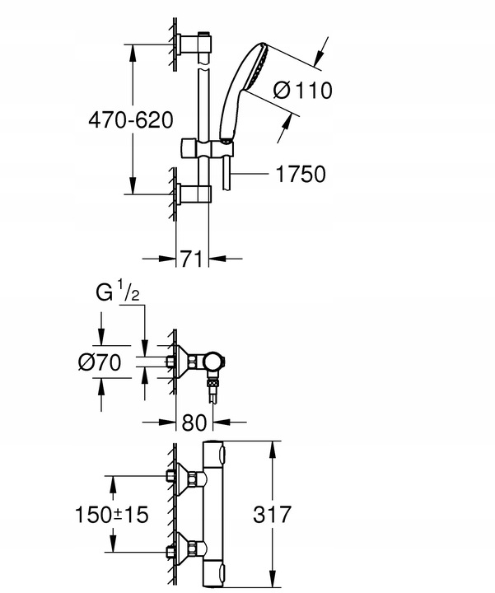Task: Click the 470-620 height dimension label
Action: tap(131, 119)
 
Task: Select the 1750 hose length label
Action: tap(300, 174)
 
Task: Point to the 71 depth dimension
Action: tap(192, 259)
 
